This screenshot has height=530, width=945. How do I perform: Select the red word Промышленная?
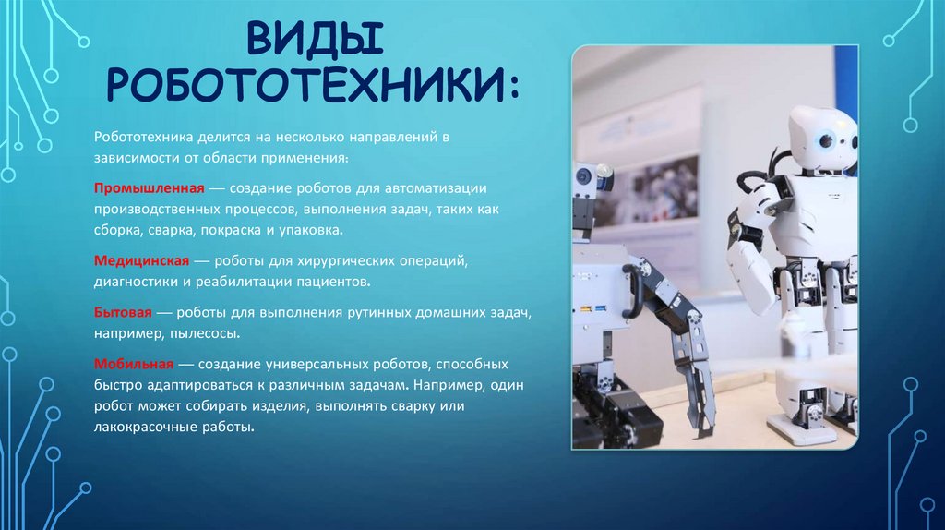(139, 188)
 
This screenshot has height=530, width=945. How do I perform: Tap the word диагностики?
(134, 281)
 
